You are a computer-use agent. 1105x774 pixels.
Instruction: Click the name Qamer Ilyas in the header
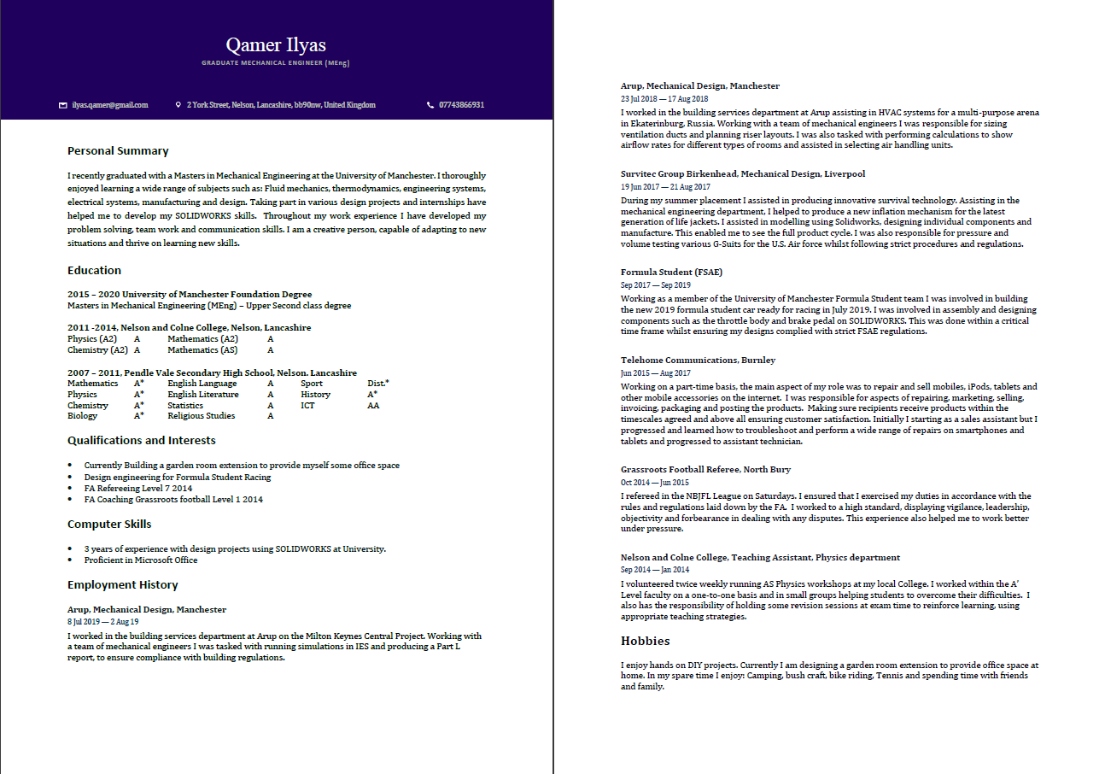[276, 44]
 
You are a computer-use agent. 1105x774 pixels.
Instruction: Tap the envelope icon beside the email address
[62, 105]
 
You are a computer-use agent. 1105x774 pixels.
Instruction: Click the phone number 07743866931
[461, 105]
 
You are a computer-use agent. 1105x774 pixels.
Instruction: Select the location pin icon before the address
[178, 105]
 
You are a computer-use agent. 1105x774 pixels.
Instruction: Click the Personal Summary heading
[118, 151]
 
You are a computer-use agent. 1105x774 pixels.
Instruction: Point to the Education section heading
[94, 271]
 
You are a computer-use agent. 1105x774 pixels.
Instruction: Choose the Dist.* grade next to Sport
[377, 384]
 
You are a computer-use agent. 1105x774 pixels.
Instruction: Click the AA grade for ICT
[373, 406]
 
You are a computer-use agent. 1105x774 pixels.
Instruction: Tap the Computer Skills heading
[109, 525]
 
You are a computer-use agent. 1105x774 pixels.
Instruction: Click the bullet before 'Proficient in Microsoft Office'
[70, 561]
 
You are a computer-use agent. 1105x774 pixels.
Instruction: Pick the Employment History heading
[122, 585]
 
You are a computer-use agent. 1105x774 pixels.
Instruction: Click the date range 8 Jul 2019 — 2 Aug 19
[102, 623]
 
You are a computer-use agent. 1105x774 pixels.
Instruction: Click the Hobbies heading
[645, 642]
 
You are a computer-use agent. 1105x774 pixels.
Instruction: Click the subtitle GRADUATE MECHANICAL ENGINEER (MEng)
[276, 63]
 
